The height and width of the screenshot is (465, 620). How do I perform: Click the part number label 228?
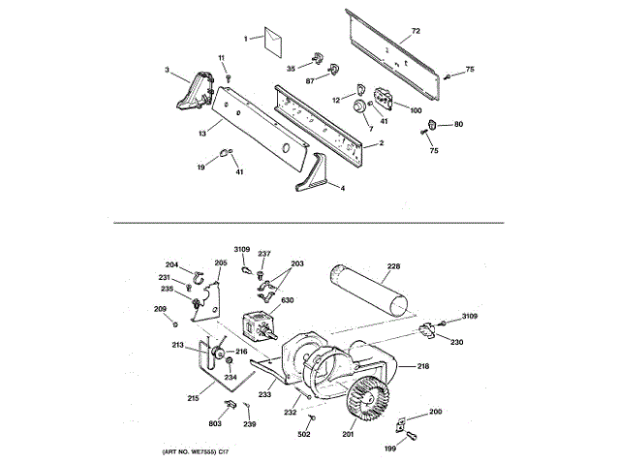(393, 265)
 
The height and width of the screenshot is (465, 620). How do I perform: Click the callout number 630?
(288, 301)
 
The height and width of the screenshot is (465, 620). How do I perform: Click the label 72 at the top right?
(416, 32)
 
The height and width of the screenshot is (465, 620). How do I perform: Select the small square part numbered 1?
(274, 40)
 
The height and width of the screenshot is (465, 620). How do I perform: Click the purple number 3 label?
(167, 70)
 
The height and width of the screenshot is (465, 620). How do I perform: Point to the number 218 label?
(422, 366)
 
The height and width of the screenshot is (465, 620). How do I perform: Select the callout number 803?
(214, 422)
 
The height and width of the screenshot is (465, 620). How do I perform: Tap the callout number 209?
(160, 309)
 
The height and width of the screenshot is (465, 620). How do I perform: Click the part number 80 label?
(458, 124)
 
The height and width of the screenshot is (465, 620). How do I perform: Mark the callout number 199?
(391, 449)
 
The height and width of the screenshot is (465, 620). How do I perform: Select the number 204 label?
(171, 265)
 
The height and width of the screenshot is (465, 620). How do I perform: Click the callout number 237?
(263, 254)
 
